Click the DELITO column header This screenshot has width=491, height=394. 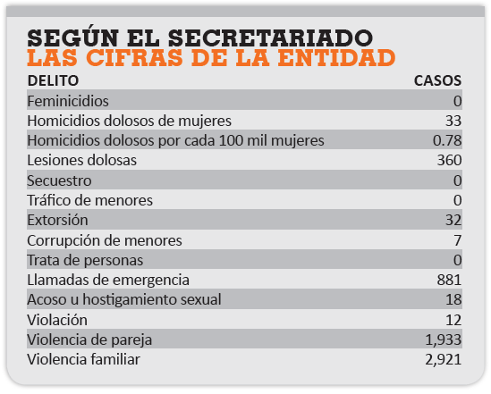pos(53,80)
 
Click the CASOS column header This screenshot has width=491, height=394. pos(437,80)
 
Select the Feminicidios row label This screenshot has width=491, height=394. pos(68,101)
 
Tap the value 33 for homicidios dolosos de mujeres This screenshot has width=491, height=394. pos(453,121)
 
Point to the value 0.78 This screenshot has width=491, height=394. pos(447,141)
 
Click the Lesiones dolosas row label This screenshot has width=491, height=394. pos(82,161)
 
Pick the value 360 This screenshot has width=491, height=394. pos(449,161)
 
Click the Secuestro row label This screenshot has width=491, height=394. pos(59,180)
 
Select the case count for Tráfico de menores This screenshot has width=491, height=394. pos(458,200)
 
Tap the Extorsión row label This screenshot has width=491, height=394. pos(57,220)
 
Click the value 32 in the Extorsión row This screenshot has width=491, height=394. pos(453,220)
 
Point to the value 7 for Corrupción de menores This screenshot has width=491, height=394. pos(458,240)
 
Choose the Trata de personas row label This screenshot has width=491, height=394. pos(85,261)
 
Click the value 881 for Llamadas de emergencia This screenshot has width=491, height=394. pos(449,280)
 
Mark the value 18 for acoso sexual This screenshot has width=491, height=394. pos(453,299)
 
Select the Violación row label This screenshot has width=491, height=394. pos(57,320)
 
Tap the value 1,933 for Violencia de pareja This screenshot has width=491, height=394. pos(444,340)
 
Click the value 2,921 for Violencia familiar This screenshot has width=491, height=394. pos(444,359)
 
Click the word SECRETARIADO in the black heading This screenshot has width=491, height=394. pos(270,38)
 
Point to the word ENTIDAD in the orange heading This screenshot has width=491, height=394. pos(336,58)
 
